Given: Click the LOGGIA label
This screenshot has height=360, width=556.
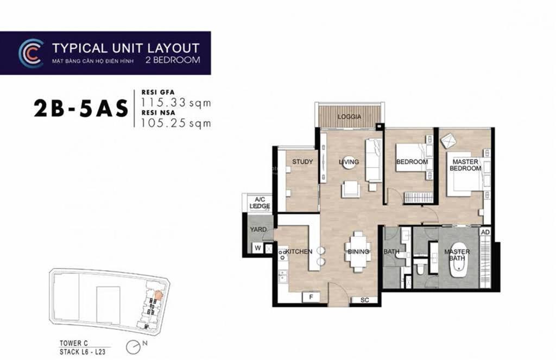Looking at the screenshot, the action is tap(349, 117).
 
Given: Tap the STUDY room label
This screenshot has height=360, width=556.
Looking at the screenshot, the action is tap(302, 162).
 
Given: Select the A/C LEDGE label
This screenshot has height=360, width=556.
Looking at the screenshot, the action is tap(260, 203).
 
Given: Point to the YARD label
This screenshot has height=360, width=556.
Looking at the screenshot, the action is tap(258, 230).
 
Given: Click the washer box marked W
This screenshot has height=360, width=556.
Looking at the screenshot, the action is tap(258, 248).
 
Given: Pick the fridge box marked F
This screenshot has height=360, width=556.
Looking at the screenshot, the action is tap(311, 297).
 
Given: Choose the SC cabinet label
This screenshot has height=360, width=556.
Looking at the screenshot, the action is tap(364, 300).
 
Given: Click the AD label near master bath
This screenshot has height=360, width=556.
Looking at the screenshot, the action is tap(485, 232).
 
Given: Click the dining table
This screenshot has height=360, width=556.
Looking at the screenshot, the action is tap(358, 251).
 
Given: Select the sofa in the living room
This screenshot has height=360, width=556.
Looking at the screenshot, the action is tap(374, 160).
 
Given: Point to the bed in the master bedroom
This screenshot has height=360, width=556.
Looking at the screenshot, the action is tap(465, 174).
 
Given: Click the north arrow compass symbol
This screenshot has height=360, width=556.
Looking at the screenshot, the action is tap(134, 347).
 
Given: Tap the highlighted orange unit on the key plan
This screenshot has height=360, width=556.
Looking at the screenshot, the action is tap(158, 295).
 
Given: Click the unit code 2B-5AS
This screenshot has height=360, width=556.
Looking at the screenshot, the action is tap(81, 109).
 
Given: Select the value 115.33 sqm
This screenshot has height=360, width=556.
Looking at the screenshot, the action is tap(176, 103).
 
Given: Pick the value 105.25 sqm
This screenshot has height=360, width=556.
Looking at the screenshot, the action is tap(176, 123).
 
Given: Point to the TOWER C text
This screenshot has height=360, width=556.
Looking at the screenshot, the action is tap(74, 343).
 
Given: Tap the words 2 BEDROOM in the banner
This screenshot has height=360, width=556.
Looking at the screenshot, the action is tap(173, 60).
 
